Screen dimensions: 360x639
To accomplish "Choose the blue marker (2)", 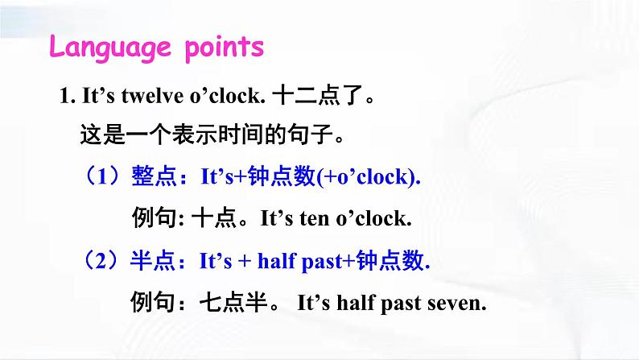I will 101,261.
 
